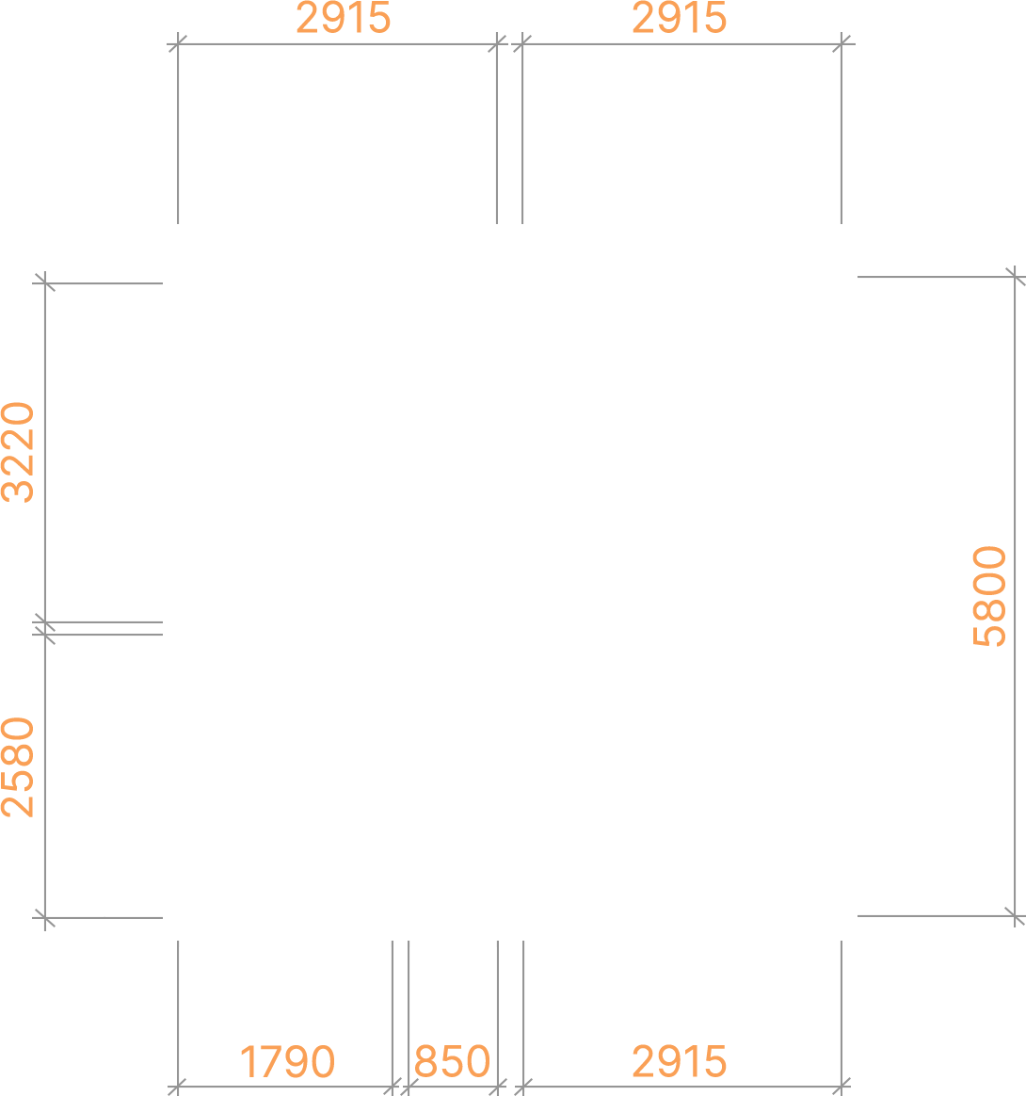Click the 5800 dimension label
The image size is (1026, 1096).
[x=989, y=596]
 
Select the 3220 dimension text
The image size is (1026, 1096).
[x=18, y=452]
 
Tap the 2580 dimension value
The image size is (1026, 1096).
[x=18, y=767]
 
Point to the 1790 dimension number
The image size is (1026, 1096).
[x=287, y=1062]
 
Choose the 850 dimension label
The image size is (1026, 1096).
[x=452, y=1062]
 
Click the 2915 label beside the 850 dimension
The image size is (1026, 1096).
[x=680, y=1062]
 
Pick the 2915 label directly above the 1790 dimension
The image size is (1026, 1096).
[x=344, y=18]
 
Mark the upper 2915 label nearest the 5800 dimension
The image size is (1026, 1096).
[x=680, y=18]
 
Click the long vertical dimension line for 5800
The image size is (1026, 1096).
[x=1014, y=596]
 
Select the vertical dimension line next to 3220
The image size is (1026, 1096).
[x=45, y=452]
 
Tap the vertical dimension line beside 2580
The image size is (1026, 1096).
[x=45, y=776]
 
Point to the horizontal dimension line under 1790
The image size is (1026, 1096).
[x=285, y=1087]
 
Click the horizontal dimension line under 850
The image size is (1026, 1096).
[x=453, y=1087]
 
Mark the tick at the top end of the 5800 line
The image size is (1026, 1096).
[x=1015, y=276]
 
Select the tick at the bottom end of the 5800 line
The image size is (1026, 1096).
[x=1015, y=915]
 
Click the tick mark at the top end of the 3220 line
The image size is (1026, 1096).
[x=45, y=283]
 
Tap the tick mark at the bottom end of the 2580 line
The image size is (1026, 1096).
[x=45, y=918]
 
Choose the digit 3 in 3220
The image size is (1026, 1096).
[x=18, y=491]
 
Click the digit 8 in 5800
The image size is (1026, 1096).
[x=989, y=609]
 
